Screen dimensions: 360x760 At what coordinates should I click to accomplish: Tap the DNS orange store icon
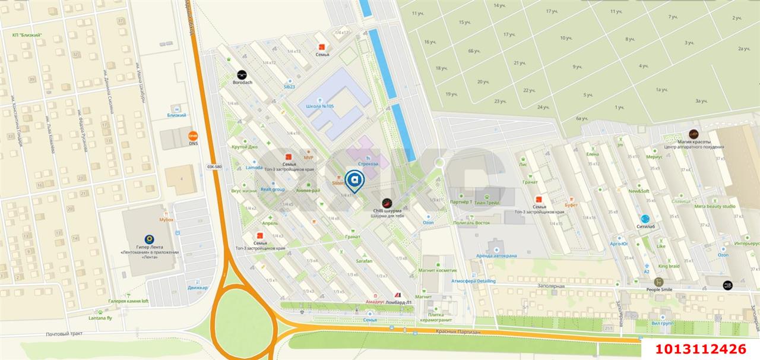[193, 135]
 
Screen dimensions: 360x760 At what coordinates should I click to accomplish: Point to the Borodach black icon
[242, 75]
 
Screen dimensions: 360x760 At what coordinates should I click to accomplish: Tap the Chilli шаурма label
[387, 211]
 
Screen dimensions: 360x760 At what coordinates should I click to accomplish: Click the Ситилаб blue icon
[645, 219]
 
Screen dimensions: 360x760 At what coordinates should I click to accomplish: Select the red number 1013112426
[700, 349]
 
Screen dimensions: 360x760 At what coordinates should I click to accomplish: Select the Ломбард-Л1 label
[398, 302]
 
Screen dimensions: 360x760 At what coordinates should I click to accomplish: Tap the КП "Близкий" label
[27, 35]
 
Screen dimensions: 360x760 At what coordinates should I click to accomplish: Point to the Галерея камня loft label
[129, 301]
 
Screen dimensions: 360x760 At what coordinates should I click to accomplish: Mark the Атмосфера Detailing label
[473, 281]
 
